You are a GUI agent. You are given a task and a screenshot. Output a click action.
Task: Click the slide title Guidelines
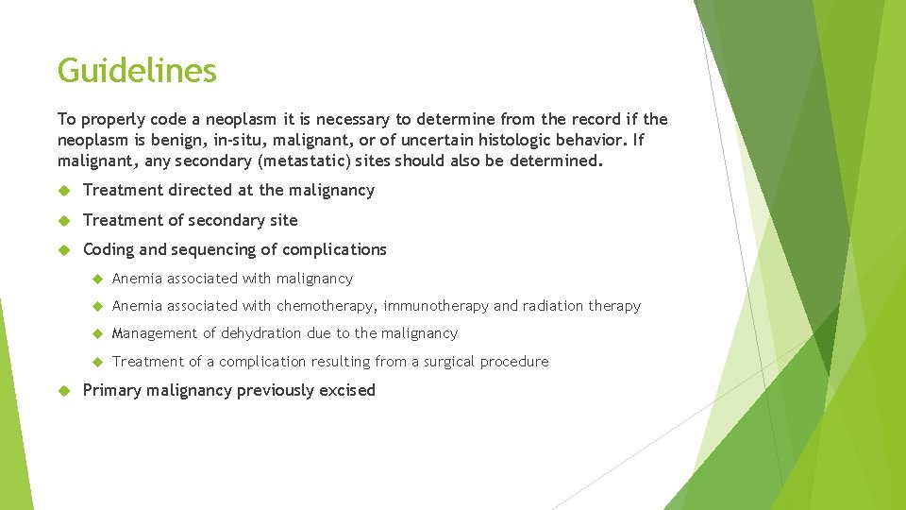coord(137,71)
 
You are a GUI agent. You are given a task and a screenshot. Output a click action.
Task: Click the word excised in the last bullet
coord(346,390)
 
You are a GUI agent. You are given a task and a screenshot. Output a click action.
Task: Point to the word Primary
coord(111,390)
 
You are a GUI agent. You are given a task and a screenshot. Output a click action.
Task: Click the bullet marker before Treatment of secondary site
coord(64,220)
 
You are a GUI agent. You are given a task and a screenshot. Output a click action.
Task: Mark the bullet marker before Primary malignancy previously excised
coord(64,390)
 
